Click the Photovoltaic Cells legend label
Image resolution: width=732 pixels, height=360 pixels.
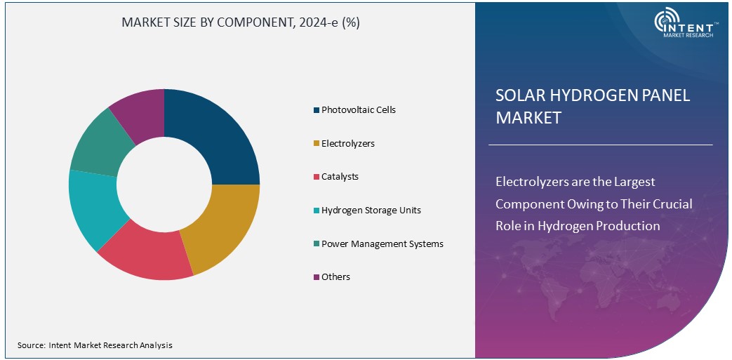pos(358,110)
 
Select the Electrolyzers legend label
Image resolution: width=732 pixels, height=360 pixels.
pos(347,144)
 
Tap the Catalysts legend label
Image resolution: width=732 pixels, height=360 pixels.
pos(340,177)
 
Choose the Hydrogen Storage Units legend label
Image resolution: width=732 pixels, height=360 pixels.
pos(371,211)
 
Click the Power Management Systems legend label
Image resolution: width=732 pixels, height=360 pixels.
pos(382,244)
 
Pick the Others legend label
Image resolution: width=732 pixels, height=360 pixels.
pos(335,277)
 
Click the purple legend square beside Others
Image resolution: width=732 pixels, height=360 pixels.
pos(317,277)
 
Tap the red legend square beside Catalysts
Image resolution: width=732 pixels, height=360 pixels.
pos(317,177)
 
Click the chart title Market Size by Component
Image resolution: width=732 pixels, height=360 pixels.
pos(241,22)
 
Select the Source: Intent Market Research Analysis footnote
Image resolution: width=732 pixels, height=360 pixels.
pos(95,345)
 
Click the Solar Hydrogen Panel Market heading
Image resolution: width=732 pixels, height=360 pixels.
pos(592,107)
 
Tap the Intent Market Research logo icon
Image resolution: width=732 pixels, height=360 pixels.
pos(668,22)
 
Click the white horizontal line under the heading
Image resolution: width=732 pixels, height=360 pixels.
pos(600,145)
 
